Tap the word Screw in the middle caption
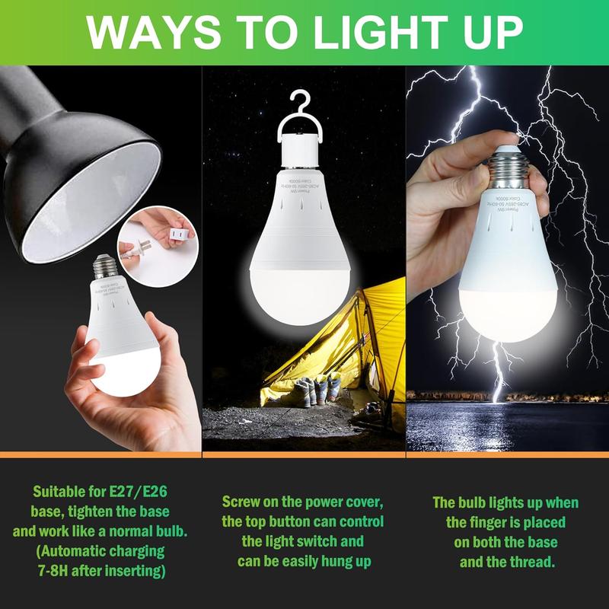[242, 503]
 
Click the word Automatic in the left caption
[103, 549]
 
